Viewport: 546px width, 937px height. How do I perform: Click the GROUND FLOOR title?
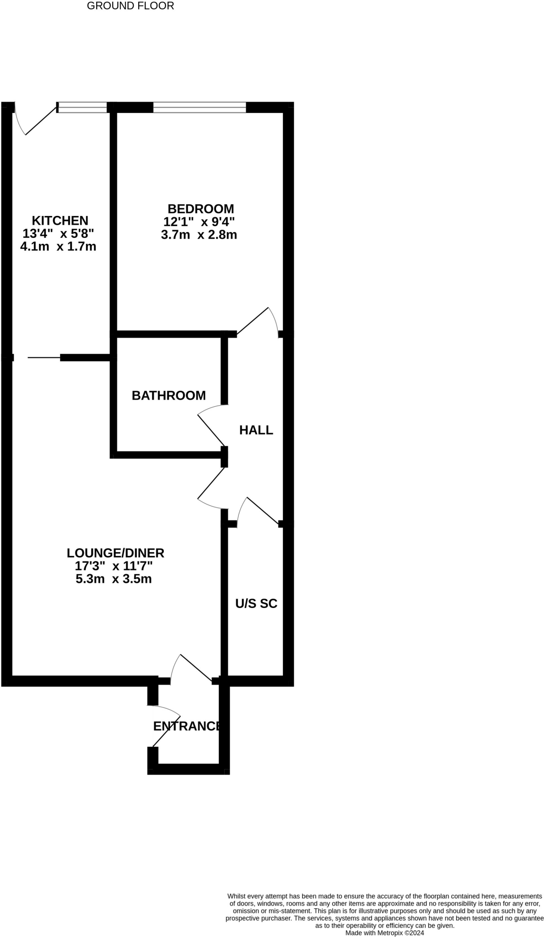[130, 6]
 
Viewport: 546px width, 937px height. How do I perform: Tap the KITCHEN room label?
[59, 221]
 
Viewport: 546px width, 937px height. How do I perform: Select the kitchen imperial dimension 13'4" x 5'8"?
[58, 233]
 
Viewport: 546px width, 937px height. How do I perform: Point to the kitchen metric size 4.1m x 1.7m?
[58, 247]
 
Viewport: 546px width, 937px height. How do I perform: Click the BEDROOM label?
[200, 209]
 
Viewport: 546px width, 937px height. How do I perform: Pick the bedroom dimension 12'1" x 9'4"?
[199, 222]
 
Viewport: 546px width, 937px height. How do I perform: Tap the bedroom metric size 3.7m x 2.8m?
[199, 235]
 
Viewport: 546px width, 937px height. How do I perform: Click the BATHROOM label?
[169, 395]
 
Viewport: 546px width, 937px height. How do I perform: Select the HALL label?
[256, 430]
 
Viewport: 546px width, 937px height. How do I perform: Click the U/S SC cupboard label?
[256, 603]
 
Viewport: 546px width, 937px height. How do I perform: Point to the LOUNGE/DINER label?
[115, 553]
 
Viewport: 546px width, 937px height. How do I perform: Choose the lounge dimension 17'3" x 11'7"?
[114, 566]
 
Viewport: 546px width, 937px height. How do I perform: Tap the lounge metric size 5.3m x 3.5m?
[114, 579]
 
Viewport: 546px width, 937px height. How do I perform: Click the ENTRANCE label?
[187, 726]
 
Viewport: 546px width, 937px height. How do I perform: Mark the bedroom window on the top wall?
[200, 108]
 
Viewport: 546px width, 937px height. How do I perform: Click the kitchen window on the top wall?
[82, 108]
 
